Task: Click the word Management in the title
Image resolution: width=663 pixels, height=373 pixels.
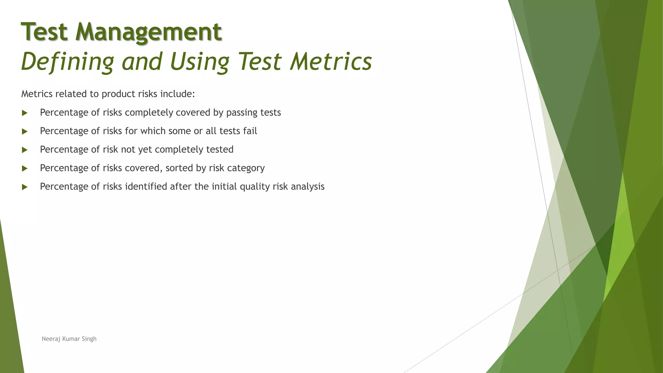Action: pyautogui.click(x=149, y=32)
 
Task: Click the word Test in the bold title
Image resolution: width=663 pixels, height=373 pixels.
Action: pyautogui.click(x=44, y=32)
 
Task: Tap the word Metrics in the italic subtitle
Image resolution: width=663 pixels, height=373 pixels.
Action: pyautogui.click(x=331, y=62)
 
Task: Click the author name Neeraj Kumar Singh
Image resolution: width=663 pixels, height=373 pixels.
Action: pyautogui.click(x=69, y=339)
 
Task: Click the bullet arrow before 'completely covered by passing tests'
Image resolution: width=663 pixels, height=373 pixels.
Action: pyautogui.click(x=25, y=113)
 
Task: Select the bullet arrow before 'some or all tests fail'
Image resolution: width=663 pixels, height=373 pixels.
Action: pyautogui.click(x=25, y=131)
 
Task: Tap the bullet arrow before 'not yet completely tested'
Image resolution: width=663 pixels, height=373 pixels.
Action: pyautogui.click(x=25, y=150)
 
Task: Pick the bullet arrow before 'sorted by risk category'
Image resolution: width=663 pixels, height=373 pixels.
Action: pyautogui.click(x=25, y=168)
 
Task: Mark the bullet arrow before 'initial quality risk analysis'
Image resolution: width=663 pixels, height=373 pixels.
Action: pyautogui.click(x=25, y=187)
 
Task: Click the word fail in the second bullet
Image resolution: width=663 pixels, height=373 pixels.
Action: pyautogui.click(x=250, y=131)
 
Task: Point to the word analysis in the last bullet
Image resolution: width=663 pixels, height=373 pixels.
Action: pyautogui.click(x=307, y=186)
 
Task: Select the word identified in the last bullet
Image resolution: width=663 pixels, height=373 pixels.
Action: pyautogui.click(x=146, y=186)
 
